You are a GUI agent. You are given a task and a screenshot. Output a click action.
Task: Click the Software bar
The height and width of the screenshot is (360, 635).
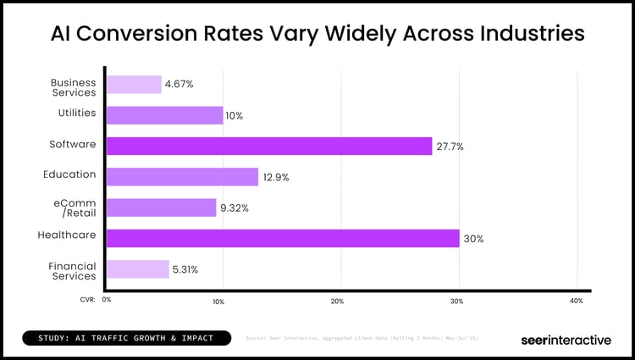pyautogui.click(x=269, y=146)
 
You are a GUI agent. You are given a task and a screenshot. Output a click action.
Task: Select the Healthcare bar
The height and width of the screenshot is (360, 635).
pyautogui.click(x=283, y=238)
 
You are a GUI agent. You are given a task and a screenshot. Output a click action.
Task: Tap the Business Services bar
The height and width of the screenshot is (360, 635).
pyautogui.click(x=134, y=85)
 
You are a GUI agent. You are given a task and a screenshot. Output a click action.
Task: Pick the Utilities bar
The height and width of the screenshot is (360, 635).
pyautogui.click(x=165, y=115)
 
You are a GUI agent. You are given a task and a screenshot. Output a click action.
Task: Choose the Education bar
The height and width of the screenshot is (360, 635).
pyautogui.click(x=183, y=176)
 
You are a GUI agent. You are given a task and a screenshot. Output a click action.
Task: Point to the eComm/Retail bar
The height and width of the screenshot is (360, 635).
pyautogui.click(x=162, y=208)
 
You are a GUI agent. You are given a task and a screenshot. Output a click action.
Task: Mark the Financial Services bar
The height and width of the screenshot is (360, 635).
pyautogui.click(x=138, y=269)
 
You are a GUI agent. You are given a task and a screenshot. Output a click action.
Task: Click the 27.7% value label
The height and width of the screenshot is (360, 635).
pyautogui.click(x=450, y=147)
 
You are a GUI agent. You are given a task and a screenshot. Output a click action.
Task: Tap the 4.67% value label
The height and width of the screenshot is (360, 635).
pyautogui.click(x=179, y=85)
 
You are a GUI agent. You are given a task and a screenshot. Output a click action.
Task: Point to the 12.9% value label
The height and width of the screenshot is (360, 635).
pyautogui.click(x=277, y=177)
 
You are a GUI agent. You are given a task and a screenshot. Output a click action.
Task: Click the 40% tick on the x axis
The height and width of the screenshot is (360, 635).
pyautogui.click(x=577, y=301)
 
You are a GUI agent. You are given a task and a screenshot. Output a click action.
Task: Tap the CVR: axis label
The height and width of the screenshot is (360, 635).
pyautogui.click(x=87, y=299)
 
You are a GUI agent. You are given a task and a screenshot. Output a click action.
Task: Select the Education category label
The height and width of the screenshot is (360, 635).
pyautogui.click(x=69, y=174)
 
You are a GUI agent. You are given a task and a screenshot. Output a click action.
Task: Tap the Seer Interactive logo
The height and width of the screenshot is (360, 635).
pyautogui.click(x=565, y=340)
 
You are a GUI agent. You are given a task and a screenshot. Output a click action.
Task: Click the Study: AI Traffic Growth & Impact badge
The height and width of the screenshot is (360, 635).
pyautogui.click(x=125, y=338)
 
